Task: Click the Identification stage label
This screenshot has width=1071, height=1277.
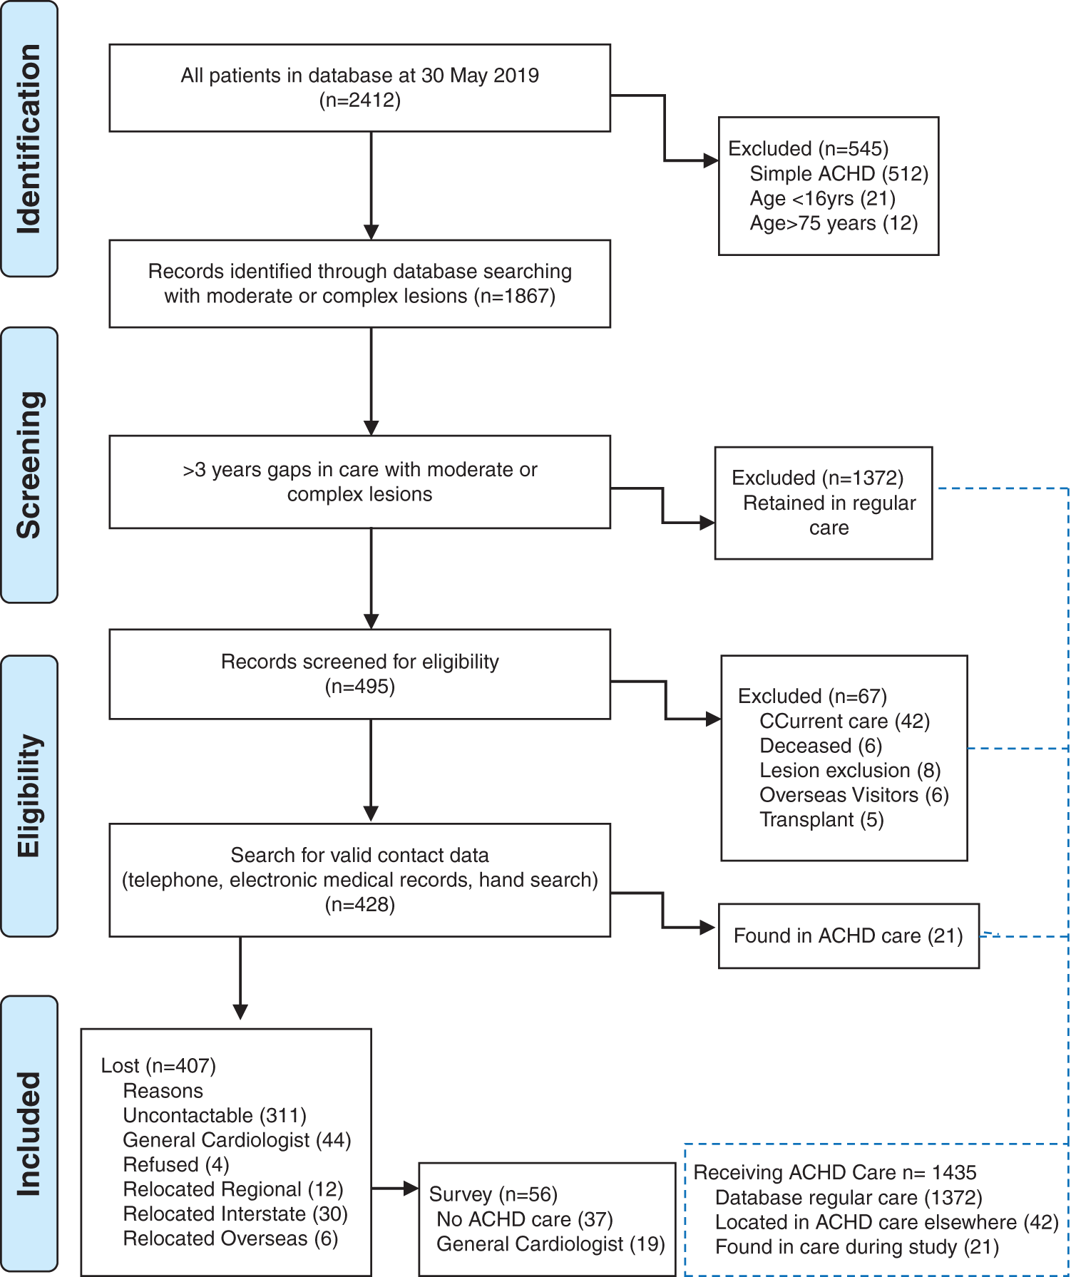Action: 29,139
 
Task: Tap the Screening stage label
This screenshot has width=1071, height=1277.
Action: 29,465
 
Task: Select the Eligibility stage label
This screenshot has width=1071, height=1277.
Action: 29,795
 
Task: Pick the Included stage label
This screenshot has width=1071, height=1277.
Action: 29,1134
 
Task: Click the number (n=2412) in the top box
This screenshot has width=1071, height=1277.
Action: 359,100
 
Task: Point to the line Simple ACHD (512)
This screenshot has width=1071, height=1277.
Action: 839,174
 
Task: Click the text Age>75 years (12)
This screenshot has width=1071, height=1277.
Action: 834,223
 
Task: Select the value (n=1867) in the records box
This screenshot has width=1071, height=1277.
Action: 515,296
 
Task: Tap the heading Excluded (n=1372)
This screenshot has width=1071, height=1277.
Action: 817,478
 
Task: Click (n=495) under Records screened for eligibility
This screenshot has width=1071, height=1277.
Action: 359,687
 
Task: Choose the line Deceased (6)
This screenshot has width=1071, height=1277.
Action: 821,746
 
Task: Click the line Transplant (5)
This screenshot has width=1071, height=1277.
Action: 821,820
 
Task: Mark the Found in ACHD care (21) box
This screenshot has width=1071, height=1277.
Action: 848,935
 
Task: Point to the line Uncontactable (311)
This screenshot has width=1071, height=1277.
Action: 215,1115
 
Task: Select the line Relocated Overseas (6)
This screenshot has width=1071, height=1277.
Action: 230,1238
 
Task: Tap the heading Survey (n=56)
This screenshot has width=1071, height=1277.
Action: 493,1194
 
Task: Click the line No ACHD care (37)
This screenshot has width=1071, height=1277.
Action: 525,1219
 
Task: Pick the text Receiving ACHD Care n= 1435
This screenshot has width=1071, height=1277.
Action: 834,1172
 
